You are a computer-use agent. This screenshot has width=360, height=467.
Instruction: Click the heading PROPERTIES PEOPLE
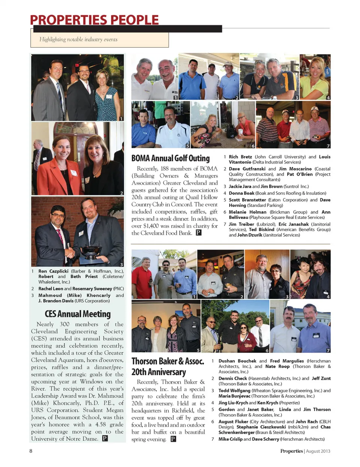94,20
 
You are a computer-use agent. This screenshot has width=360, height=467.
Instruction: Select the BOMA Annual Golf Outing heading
170,158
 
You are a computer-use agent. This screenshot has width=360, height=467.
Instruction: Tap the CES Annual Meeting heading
78,314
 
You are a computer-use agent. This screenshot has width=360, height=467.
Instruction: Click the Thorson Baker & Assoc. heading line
168,361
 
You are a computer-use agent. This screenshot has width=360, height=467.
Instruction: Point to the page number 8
31,451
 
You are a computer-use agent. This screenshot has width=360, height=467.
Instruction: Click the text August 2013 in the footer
318,451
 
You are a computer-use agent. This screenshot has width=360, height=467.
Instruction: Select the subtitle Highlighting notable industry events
78,39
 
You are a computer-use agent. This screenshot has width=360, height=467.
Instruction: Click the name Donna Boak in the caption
241,193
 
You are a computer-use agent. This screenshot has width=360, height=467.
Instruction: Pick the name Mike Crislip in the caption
230,439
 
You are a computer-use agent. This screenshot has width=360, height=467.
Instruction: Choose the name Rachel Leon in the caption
51,288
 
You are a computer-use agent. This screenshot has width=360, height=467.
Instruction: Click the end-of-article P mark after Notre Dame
105,438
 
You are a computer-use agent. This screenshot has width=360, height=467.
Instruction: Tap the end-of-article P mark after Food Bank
198,233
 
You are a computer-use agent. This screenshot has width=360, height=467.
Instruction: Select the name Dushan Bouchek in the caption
237,361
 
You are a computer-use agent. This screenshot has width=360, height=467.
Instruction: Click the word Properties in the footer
291,451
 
